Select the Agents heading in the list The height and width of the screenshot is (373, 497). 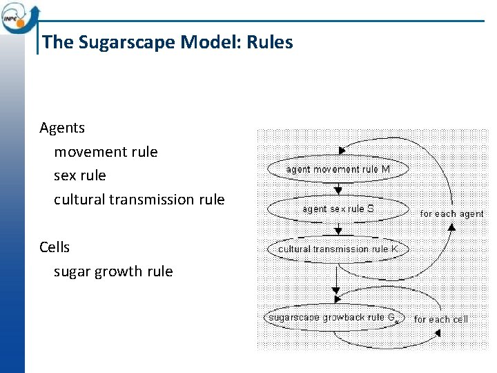[62, 128]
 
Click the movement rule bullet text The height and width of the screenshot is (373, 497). [106, 152]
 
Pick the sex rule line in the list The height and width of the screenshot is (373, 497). [80, 175]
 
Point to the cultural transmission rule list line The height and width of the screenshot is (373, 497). [139, 200]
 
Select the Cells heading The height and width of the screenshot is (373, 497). [55, 247]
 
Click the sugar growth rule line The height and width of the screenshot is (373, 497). [113, 271]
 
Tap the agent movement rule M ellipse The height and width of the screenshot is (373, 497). [338, 169]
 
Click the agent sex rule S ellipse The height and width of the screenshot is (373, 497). [338, 209]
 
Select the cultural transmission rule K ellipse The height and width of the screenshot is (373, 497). [338, 249]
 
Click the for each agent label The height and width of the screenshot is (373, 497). [451, 213]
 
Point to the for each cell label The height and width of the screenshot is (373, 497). [440, 319]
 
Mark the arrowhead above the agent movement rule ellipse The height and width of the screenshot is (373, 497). [341, 151]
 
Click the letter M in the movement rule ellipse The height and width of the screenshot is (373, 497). [385, 169]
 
